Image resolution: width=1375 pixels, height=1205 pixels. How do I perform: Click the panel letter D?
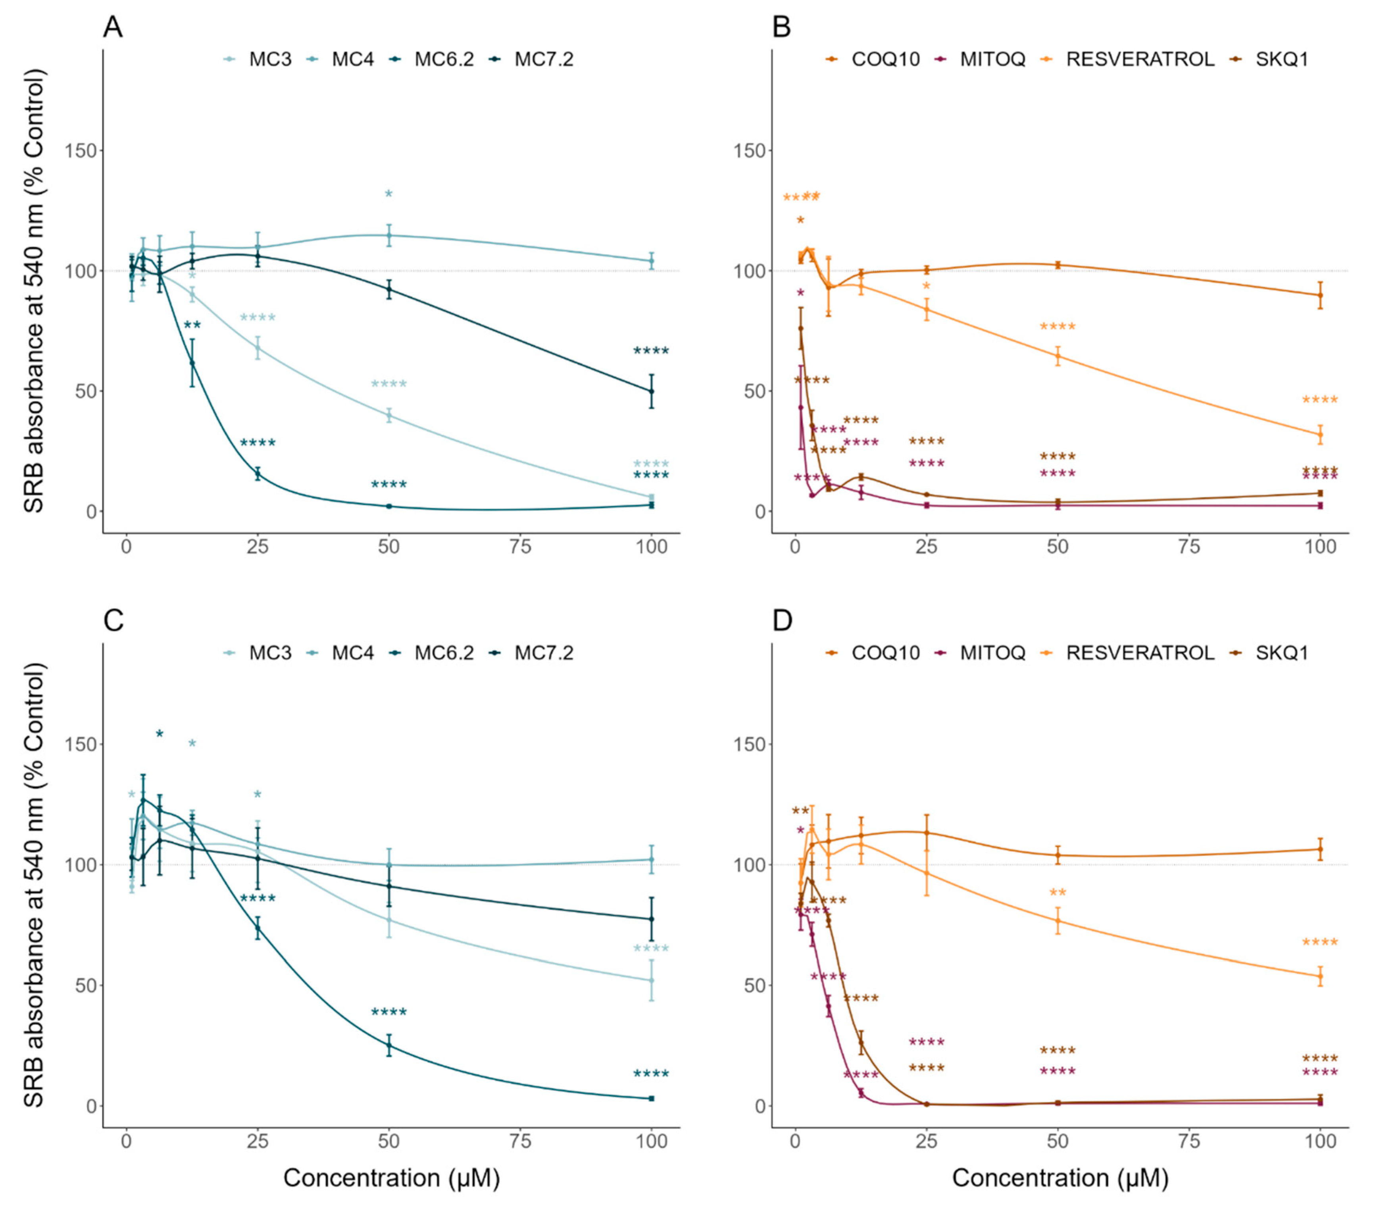coord(782,621)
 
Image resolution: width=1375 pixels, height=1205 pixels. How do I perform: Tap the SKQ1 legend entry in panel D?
coord(1281,653)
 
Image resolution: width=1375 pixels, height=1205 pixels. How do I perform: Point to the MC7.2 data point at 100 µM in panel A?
coord(651,391)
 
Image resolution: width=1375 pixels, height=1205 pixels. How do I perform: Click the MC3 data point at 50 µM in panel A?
coord(388,416)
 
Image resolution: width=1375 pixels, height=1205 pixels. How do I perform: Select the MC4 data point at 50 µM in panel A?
coord(388,235)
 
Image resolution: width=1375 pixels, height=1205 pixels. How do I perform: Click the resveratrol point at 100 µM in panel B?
coord(1320,434)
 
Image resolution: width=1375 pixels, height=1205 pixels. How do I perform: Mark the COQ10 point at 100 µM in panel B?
coord(1320,295)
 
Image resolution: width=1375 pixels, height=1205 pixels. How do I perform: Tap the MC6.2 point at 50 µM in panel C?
coord(388,1045)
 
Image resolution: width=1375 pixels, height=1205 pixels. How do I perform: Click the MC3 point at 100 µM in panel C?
coord(651,980)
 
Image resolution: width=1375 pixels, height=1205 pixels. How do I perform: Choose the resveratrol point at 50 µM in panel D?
coord(1058,921)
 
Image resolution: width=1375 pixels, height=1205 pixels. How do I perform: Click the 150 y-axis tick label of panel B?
coord(749,151)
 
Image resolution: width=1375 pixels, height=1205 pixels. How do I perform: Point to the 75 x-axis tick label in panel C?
coord(520,1141)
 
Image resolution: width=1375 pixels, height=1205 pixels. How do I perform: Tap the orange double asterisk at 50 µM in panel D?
coord(1058,894)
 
